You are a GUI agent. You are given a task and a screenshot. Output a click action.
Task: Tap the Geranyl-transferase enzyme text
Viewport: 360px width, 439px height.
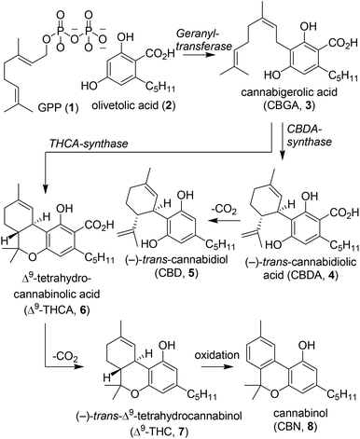tap(193, 36)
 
